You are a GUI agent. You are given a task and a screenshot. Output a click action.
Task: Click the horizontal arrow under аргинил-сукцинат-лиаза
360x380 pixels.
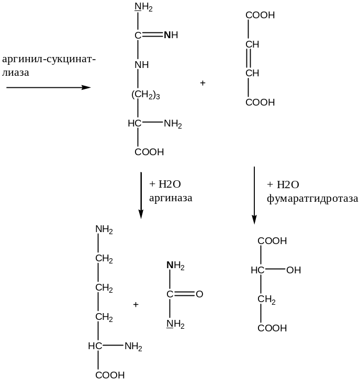(48, 87)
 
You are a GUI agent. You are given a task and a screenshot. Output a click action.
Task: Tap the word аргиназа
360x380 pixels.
(171, 198)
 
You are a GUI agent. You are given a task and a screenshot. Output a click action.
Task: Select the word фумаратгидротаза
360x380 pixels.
(312, 199)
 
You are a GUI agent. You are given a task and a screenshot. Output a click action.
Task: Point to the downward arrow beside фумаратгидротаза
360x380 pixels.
(254, 195)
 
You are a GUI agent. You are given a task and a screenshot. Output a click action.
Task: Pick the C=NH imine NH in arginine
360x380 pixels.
(171, 36)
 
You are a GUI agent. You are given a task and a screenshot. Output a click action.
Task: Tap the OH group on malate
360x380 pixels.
(294, 270)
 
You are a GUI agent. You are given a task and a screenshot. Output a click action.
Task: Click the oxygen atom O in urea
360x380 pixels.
(199, 295)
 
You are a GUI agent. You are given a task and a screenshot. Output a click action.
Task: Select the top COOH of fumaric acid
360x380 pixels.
(260, 16)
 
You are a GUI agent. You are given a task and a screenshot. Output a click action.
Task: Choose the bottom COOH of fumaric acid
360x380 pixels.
(260, 102)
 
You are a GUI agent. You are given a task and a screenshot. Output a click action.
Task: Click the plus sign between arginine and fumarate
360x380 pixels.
(203, 83)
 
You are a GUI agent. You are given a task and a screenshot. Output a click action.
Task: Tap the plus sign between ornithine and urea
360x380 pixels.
(136, 304)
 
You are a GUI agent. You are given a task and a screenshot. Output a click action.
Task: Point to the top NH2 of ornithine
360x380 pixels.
(105, 230)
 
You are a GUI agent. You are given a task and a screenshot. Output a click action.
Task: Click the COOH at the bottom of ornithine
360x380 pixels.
(110, 375)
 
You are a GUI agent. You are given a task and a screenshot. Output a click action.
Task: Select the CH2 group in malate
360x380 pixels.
(267, 300)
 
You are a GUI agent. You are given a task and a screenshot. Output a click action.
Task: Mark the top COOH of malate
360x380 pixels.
(272, 241)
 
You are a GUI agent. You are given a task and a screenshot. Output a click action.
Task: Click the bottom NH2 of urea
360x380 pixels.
(176, 324)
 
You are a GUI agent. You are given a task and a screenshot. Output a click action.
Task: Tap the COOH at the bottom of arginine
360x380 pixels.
(150, 153)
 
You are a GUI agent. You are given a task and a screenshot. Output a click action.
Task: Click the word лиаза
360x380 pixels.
(15, 73)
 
